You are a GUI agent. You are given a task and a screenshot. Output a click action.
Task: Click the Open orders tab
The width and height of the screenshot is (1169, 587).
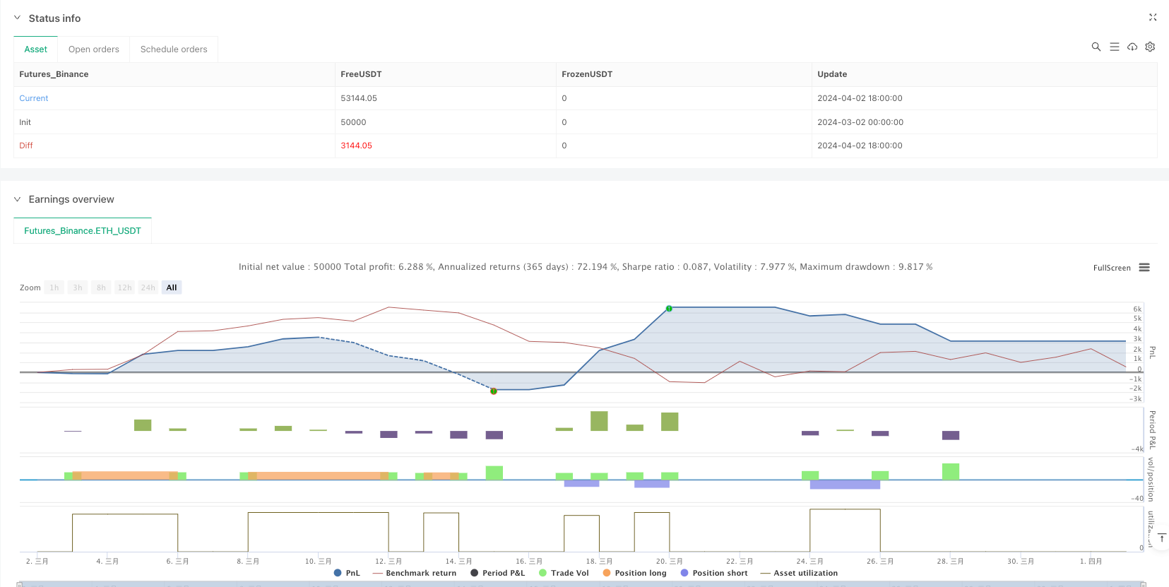(x=94, y=49)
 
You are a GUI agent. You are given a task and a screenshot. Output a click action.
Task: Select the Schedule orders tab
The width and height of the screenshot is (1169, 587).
(x=174, y=49)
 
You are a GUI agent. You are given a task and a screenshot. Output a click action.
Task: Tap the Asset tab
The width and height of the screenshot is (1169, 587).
(x=36, y=49)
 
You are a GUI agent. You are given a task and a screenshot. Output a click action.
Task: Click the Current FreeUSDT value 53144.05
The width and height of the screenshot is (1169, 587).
(x=359, y=98)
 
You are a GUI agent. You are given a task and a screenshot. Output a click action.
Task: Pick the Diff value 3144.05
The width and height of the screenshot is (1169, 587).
(x=356, y=146)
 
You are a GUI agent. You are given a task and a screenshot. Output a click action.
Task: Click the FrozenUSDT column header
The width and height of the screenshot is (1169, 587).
(x=587, y=74)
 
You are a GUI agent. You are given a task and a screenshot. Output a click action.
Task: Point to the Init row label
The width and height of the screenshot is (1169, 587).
(x=25, y=122)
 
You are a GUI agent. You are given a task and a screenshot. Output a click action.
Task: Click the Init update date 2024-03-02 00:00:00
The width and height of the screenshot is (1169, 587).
(x=860, y=122)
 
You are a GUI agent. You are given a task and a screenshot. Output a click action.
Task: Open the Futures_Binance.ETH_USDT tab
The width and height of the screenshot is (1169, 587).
(x=83, y=231)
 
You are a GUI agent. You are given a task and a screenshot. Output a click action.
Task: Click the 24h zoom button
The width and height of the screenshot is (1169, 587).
(x=148, y=287)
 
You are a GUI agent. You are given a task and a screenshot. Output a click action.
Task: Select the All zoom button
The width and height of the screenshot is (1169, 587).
(x=172, y=287)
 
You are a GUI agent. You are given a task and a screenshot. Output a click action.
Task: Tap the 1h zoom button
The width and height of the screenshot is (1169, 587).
(x=54, y=287)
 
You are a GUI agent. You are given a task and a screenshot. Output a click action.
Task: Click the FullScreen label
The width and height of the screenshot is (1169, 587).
(x=1112, y=268)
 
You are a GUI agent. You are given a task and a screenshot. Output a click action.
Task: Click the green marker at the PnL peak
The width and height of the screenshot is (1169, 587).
(x=669, y=309)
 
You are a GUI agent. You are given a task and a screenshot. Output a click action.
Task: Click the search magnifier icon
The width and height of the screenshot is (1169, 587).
(x=1096, y=47)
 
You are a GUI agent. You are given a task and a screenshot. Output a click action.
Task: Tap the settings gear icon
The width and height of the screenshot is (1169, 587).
(x=1150, y=47)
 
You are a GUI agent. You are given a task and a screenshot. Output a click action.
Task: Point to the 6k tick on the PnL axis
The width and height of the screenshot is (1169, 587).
(x=1137, y=309)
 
